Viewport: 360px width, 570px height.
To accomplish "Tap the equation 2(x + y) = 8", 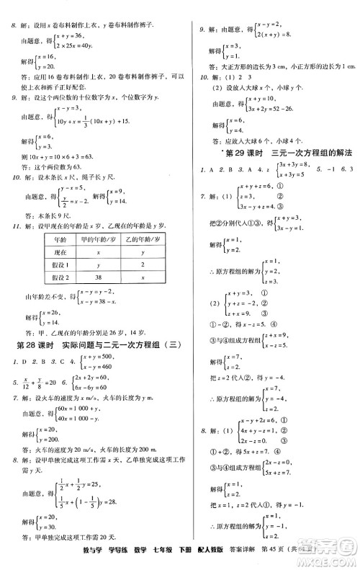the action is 274,34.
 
